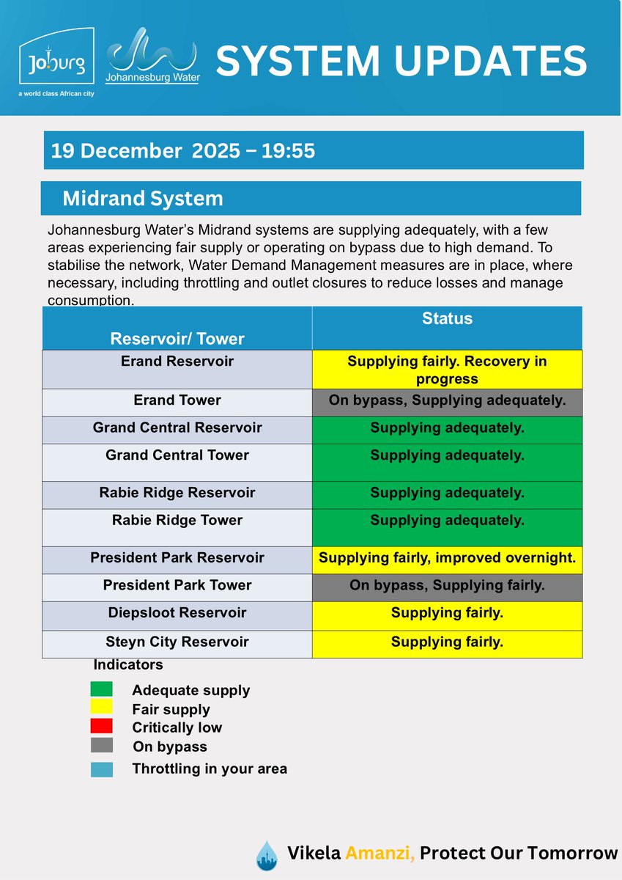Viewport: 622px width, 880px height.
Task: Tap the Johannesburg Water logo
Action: [x=152, y=55]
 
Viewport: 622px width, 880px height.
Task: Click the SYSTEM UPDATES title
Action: [x=401, y=61]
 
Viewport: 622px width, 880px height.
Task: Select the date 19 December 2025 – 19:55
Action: [x=183, y=151]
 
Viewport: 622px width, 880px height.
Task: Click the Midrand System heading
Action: [x=142, y=199]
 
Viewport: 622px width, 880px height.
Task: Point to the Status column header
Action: [x=447, y=319]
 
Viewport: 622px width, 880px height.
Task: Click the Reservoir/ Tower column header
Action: [x=177, y=338]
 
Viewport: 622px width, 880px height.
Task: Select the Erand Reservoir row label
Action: [x=177, y=362]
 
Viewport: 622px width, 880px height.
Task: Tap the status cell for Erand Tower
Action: [x=447, y=401]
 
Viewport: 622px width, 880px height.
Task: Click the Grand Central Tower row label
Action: [x=177, y=455]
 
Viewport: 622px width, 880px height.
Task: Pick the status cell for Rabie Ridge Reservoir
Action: [x=447, y=493]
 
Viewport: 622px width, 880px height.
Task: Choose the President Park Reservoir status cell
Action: [x=447, y=558]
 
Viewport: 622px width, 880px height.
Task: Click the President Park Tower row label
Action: [x=177, y=585]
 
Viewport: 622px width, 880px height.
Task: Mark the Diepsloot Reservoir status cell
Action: [x=447, y=613]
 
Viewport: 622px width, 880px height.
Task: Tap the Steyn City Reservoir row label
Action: [x=177, y=642]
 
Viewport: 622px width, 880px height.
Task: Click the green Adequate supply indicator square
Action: [x=101, y=689]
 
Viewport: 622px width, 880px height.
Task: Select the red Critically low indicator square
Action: [x=101, y=727]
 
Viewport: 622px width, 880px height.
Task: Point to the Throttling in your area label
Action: [x=210, y=769]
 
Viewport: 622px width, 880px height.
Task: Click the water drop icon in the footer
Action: [x=267, y=855]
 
